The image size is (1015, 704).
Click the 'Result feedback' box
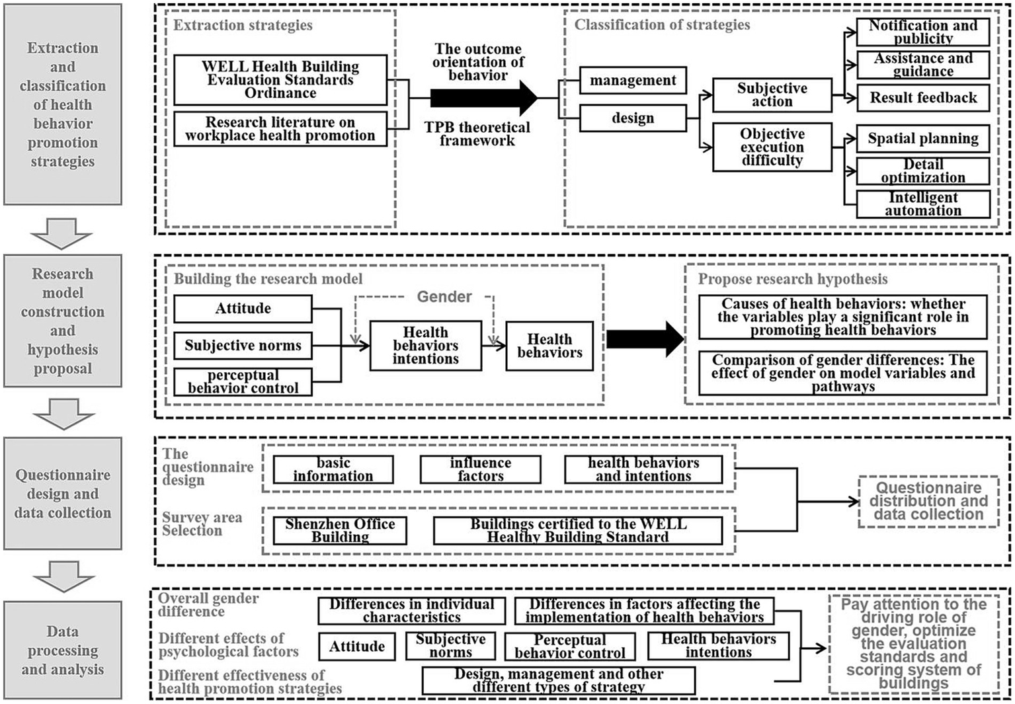923,98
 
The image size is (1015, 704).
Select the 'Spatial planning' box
923,139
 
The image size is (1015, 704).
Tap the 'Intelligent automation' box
923,204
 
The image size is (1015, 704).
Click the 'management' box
633,81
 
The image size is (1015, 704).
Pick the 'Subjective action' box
772,95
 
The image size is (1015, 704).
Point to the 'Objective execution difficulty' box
772,147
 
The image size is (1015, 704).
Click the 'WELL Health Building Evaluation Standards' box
280,80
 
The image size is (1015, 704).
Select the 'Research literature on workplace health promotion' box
280,129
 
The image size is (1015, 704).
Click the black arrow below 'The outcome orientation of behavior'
483,98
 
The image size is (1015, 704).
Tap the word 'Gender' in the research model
444,297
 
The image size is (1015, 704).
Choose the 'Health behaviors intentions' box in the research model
425,346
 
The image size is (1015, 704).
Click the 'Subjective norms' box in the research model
243,346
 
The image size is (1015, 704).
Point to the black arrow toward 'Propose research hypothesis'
645,339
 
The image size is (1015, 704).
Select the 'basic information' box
333,470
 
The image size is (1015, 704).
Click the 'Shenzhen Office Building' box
340,531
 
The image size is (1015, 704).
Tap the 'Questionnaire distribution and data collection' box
928,502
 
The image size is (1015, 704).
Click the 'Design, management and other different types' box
558,681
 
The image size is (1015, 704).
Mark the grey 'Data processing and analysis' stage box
63,650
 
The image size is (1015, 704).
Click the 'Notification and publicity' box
923,32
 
